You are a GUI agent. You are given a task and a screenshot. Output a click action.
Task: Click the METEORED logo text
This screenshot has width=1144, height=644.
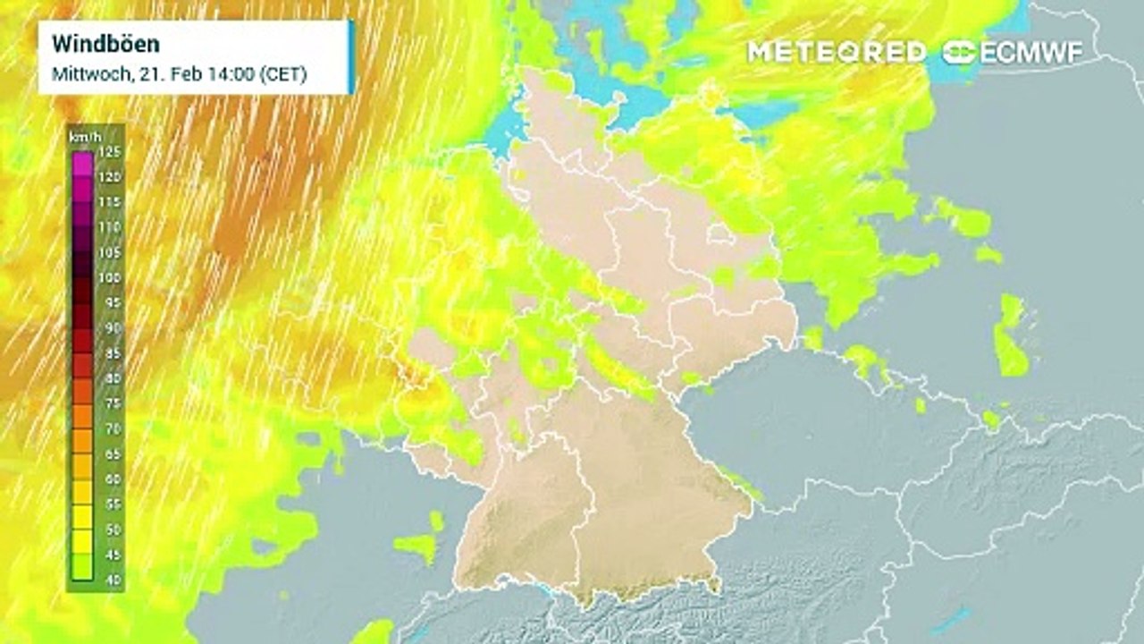tap(837, 52)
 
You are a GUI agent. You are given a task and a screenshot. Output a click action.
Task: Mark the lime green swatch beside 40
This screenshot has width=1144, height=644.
tap(82, 567)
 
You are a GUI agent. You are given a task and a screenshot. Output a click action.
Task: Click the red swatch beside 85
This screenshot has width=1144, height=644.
tap(82, 366)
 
